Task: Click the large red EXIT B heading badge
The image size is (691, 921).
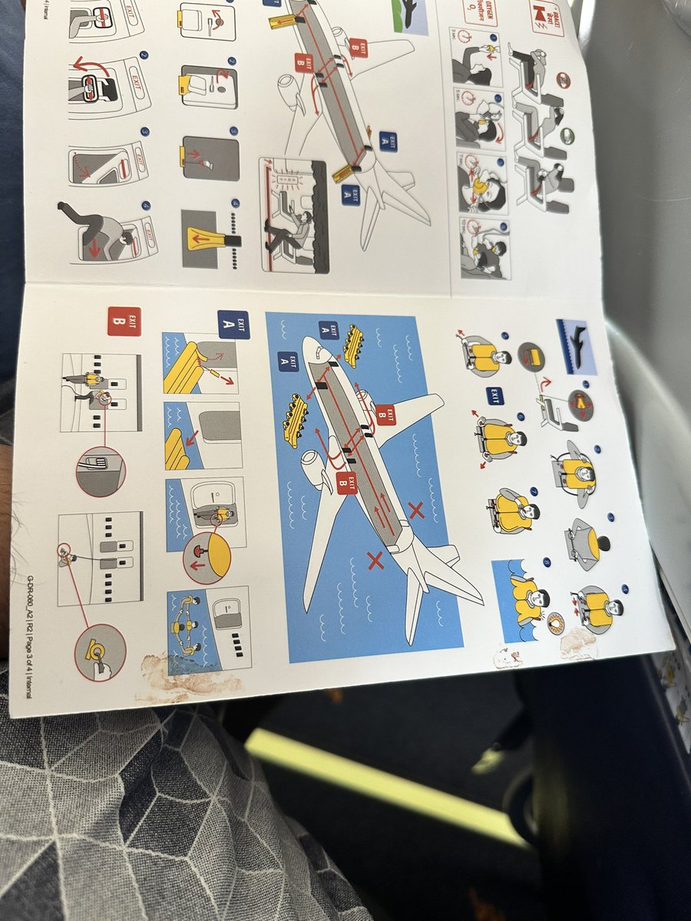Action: click(x=124, y=322)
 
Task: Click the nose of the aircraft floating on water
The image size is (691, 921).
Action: click(x=311, y=352)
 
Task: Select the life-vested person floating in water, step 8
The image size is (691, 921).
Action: click(x=533, y=599)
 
